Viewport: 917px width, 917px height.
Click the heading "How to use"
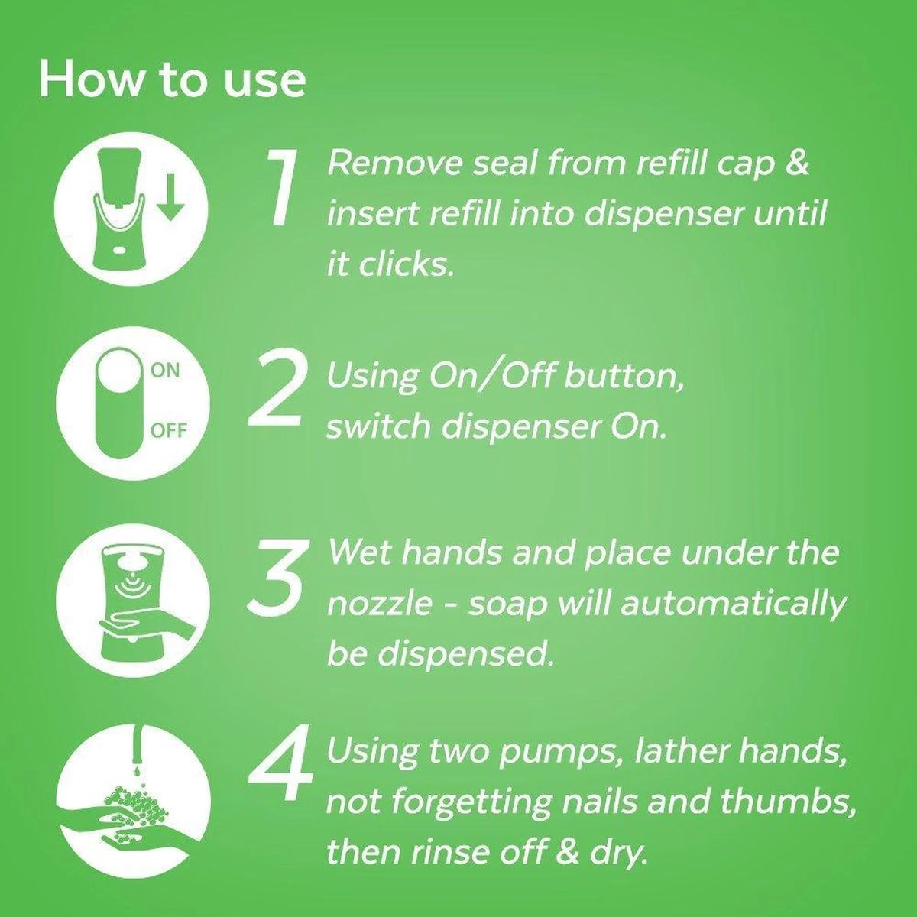[172, 79]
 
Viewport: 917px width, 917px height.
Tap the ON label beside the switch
[165, 371]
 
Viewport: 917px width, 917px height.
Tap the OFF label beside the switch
[168, 430]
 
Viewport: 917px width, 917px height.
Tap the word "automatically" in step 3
[733, 604]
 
